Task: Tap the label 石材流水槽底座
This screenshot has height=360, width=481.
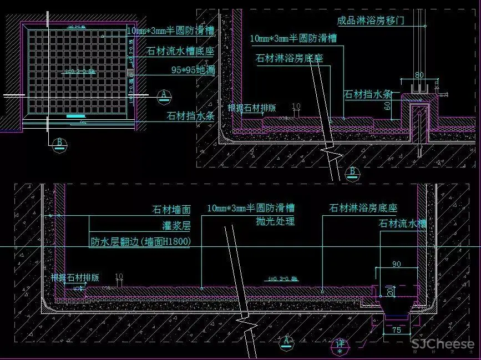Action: coord(180,51)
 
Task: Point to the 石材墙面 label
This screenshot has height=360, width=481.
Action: coord(171,210)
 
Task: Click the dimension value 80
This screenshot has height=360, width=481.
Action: coord(419,74)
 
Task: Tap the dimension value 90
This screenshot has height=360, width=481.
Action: coord(396,263)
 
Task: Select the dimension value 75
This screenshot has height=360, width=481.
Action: coord(396,329)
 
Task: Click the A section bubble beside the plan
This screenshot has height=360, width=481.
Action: coord(164,95)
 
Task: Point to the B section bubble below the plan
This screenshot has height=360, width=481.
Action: coord(58,144)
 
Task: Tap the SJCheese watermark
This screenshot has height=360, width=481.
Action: coord(442,344)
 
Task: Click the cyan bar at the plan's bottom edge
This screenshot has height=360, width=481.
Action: coord(76,116)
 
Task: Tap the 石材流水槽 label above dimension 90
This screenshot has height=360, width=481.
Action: coord(403,224)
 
